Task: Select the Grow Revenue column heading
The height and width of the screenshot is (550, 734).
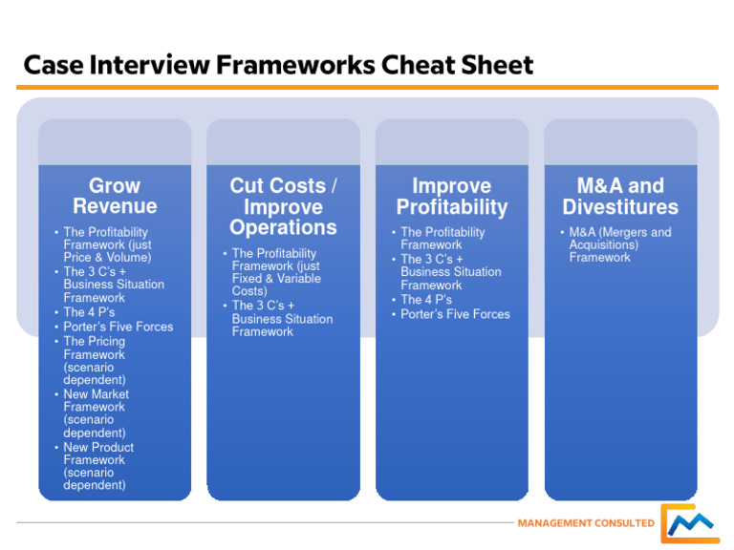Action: coord(115,196)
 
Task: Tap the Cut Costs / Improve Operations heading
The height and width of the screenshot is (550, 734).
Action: coord(283,206)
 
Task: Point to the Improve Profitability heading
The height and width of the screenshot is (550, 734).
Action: coord(452,197)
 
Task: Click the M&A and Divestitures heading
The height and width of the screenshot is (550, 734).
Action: coord(620,197)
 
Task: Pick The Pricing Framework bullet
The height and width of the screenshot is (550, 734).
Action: coord(95,360)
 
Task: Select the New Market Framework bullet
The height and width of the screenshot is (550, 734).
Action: coord(96,412)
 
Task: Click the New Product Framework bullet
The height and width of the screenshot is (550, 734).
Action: coord(98,466)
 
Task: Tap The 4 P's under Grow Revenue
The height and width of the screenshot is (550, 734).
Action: coord(89,312)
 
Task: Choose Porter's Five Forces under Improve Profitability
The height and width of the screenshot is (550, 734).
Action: coord(455,314)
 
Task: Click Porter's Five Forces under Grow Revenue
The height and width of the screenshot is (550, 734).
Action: coord(118,327)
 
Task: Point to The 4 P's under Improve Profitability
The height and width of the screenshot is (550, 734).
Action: coord(426,299)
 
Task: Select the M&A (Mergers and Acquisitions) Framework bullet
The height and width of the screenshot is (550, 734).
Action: coord(619,244)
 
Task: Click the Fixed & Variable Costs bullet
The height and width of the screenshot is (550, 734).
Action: coord(276,272)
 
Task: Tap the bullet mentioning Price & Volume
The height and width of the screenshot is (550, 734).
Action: coord(108,244)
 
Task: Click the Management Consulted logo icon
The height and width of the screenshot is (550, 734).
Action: coord(690,523)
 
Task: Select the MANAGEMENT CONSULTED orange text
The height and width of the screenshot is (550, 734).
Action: coord(586,523)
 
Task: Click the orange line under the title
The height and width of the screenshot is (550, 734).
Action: coord(367,88)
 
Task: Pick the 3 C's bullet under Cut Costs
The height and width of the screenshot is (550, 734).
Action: coord(282,319)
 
